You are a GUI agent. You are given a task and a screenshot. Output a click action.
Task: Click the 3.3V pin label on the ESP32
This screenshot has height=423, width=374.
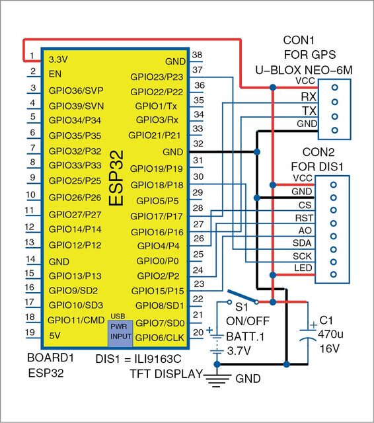coord(58,59)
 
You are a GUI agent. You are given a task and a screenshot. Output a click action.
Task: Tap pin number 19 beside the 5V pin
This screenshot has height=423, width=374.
coord(30,332)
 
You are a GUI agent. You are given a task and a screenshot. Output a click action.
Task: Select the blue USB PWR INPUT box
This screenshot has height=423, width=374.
coord(120,333)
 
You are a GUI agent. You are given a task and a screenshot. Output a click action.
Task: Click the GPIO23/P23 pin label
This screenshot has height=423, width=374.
coord(157,77)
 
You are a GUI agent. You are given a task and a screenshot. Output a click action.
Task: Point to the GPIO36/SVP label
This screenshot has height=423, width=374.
coord(76,91)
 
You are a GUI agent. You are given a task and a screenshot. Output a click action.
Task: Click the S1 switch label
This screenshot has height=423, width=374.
coord(241,307)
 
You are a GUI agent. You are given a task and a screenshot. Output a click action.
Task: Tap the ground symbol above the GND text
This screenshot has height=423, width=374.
coord(217,380)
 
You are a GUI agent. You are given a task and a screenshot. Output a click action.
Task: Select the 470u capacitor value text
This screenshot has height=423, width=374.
coord(330,334)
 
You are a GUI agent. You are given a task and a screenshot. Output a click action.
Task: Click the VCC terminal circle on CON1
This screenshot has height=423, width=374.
coord(334,87)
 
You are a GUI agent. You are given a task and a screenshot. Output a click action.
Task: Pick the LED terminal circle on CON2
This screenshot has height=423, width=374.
coord(333,275)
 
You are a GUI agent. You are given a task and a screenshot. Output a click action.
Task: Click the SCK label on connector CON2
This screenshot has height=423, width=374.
coord(302,256)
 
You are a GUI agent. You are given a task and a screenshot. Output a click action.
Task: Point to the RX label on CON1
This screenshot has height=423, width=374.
coord(309,96)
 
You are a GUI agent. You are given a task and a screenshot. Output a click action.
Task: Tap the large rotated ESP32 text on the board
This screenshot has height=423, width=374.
coord(116,178)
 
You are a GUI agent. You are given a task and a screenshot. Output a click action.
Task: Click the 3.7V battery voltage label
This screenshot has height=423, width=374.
coord(239,351)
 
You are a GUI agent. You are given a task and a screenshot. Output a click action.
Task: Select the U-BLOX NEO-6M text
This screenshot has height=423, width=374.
coord(304,71)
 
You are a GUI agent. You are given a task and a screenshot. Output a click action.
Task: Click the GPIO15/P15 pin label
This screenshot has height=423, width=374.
coord(157,291)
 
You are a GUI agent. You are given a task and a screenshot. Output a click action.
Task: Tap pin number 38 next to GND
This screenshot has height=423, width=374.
coord(197,55)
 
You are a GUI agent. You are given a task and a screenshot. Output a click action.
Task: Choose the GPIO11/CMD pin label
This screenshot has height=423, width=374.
coord(76,320)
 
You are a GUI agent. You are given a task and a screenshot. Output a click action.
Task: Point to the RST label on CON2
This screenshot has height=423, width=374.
coord(304,217)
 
